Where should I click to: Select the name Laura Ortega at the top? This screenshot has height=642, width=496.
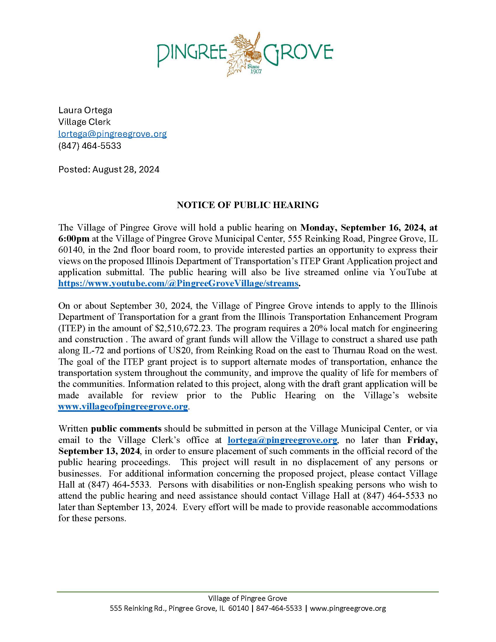pos(85,110)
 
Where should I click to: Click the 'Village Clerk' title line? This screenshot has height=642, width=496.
pos(85,122)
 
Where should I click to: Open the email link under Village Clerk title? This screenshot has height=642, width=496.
pos(113,134)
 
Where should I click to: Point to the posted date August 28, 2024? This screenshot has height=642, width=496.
pos(126,170)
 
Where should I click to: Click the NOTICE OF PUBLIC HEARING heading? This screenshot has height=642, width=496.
pos(248,205)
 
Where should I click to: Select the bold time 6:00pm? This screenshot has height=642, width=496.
pos(74,239)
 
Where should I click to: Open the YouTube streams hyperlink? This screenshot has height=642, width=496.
pos(178,283)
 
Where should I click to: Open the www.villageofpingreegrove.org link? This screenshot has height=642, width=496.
pos(123,407)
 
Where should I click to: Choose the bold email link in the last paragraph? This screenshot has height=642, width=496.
pos(282,440)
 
